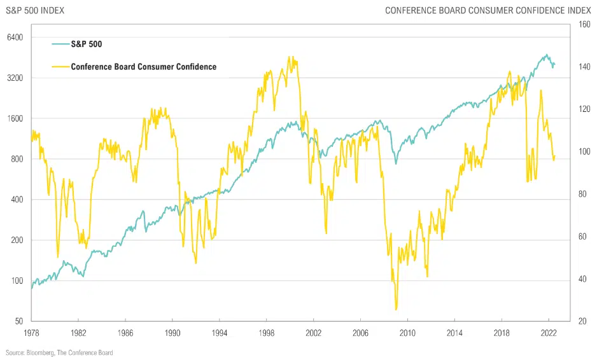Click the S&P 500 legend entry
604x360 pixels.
tap(87, 44)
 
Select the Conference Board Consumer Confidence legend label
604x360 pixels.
tap(143, 67)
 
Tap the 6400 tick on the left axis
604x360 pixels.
tap(15, 38)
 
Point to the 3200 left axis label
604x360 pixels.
tap(15, 78)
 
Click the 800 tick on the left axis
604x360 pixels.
tap(17, 159)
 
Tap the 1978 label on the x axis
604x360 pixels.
tap(31, 333)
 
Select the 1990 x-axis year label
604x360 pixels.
tap(172, 333)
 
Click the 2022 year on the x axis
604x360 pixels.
tap(549, 333)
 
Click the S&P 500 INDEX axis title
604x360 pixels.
tap(35, 10)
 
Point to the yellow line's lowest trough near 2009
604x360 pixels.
tap(396, 310)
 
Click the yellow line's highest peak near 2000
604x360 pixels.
tap(290, 57)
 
